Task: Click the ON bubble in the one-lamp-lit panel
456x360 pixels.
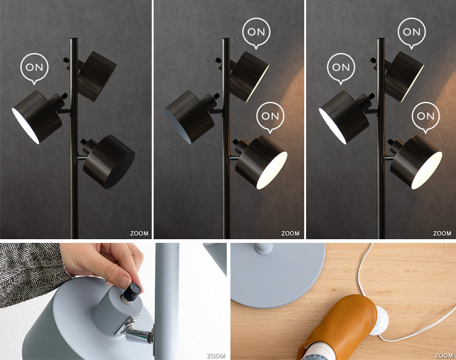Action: (x=34, y=68)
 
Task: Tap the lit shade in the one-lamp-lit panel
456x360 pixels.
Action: (x=37, y=117)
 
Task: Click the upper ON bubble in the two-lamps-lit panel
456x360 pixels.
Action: (x=256, y=33)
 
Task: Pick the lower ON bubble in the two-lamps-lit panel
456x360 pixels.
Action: (x=270, y=117)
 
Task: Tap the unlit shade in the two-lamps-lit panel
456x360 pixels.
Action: (x=190, y=117)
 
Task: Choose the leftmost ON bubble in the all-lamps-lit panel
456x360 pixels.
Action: (x=341, y=68)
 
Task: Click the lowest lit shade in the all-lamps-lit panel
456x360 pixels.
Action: (x=415, y=162)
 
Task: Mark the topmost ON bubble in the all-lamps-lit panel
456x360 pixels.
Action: (x=411, y=33)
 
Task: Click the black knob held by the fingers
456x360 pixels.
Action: (x=132, y=293)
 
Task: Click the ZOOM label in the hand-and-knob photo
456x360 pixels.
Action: (x=216, y=356)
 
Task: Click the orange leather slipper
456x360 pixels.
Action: (x=339, y=326)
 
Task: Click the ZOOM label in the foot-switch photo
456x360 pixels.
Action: (x=444, y=355)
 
